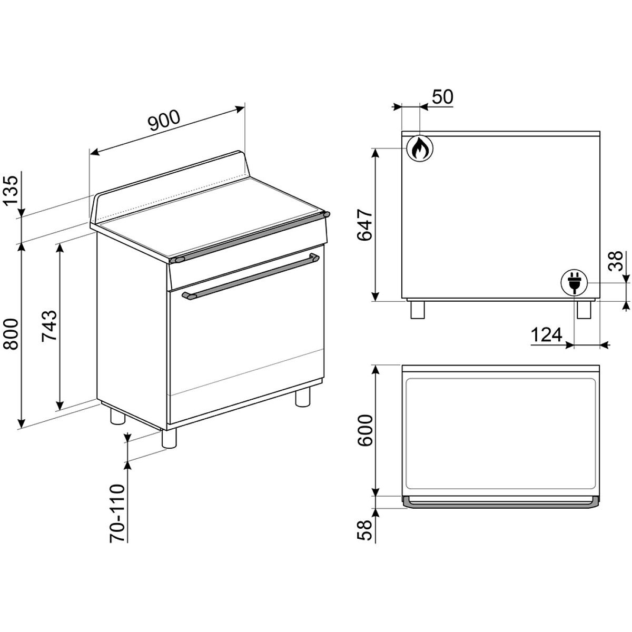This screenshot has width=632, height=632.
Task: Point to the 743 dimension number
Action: pyautogui.click(x=49, y=326)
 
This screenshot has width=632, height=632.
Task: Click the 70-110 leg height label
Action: pyautogui.click(x=117, y=518)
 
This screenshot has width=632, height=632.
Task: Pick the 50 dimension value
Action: pyautogui.click(x=442, y=97)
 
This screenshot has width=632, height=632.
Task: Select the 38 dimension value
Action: pyautogui.click(x=615, y=261)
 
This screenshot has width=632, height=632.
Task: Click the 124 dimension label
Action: pyautogui.click(x=546, y=335)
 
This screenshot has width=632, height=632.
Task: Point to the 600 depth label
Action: pyautogui.click(x=365, y=430)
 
